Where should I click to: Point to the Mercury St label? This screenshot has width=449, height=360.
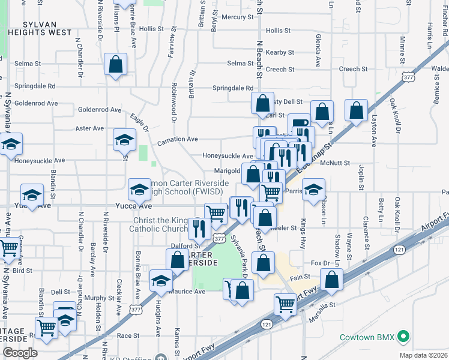pyautogui.click(x=238, y=17)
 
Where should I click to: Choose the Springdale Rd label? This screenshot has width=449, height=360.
pyautogui.click(x=232, y=88)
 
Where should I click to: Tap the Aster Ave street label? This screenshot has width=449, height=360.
pyautogui.click(x=90, y=128)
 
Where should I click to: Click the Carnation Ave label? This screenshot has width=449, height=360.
pyautogui.click(x=178, y=140)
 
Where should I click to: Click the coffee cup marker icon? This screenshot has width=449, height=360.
pyautogui.click(x=300, y=124)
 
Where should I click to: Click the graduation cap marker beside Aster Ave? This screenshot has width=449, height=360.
pyautogui.click(x=125, y=140)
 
